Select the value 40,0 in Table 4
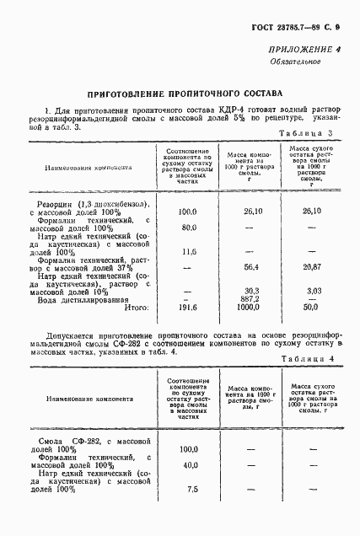click(189, 464)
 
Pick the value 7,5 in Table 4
click(191, 489)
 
